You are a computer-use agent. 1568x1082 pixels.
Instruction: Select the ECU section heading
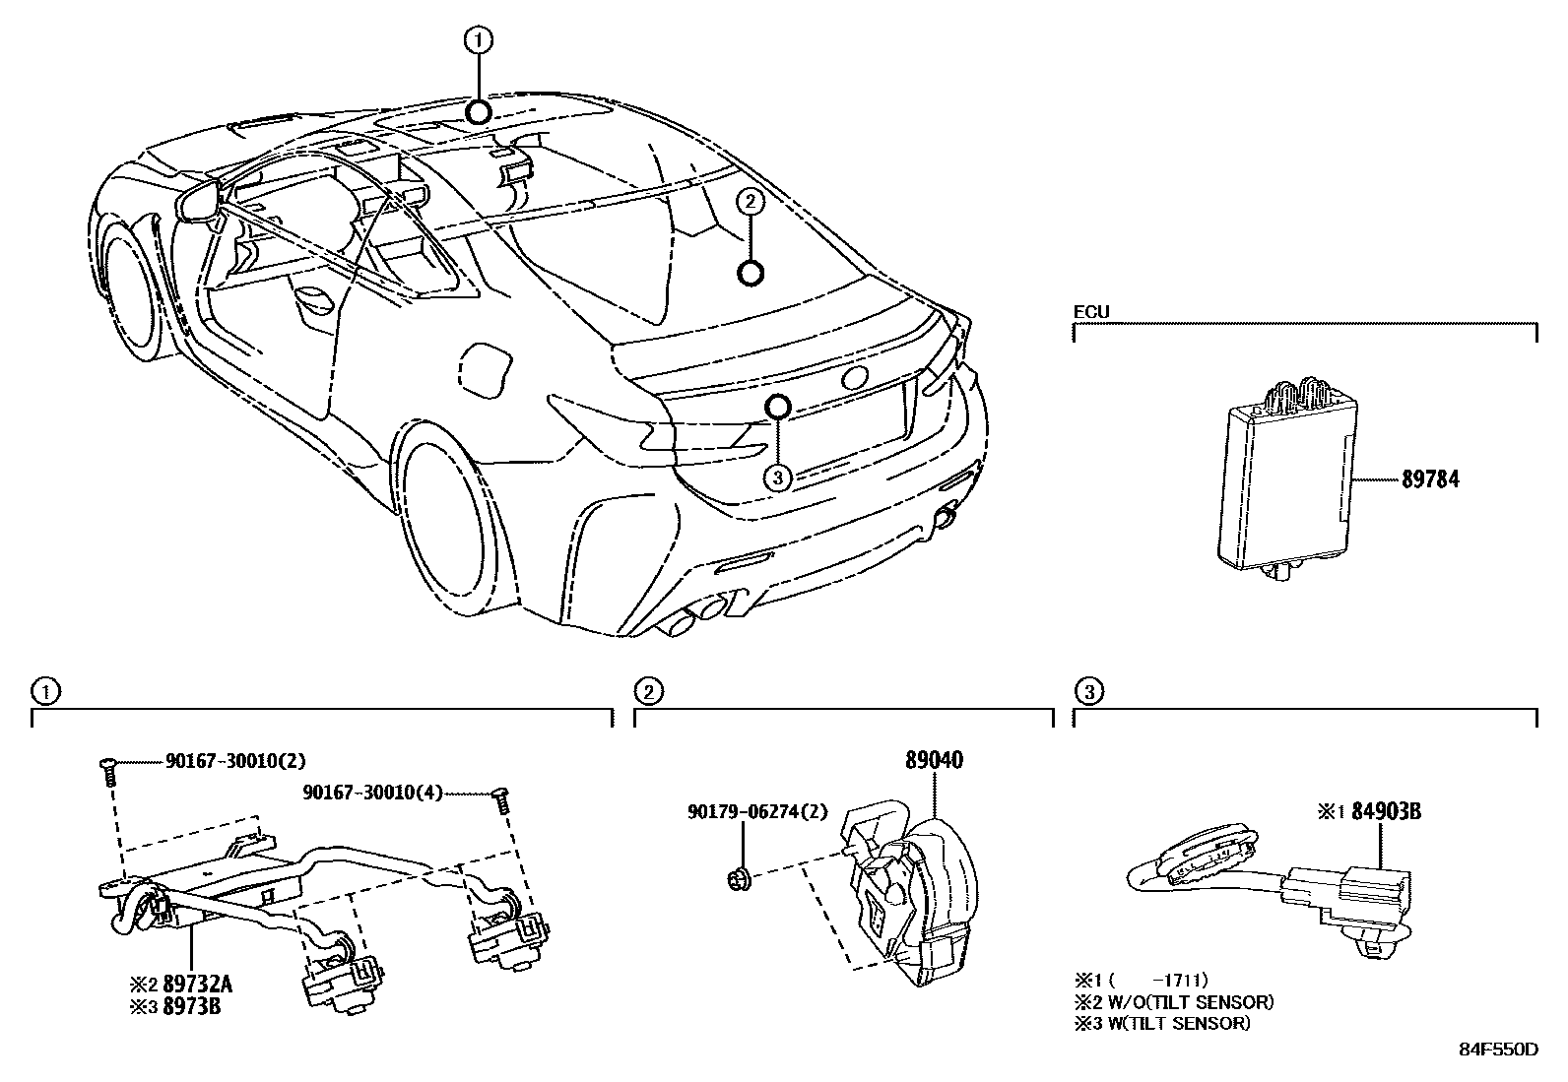1090,312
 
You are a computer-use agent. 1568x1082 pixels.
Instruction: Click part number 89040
934,760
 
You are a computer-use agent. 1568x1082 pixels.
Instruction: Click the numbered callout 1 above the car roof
479,40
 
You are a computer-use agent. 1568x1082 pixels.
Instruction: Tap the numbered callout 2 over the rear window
750,203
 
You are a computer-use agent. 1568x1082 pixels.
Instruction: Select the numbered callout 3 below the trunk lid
778,477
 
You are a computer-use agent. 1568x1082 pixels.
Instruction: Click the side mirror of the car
201,201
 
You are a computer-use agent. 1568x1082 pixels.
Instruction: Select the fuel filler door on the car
486,370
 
